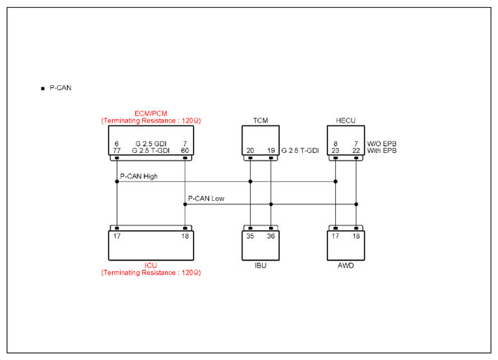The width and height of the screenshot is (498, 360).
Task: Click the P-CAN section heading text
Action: (x=61, y=87)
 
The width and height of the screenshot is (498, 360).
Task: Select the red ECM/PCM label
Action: (x=151, y=113)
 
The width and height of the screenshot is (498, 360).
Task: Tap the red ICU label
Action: (x=151, y=266)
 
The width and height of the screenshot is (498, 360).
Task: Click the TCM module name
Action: (x=261, y=120)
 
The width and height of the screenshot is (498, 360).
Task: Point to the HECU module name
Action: (x=346, y=120)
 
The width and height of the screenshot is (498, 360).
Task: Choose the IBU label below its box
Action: (x=261, y=266)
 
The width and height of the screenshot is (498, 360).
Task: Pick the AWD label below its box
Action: (x=346, y=266)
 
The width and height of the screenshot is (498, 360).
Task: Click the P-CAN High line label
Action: (x=139, y=176)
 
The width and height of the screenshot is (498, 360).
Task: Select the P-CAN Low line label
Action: (x=206, y=199)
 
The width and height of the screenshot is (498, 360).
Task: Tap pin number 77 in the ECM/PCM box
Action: (x=117, y=150)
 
